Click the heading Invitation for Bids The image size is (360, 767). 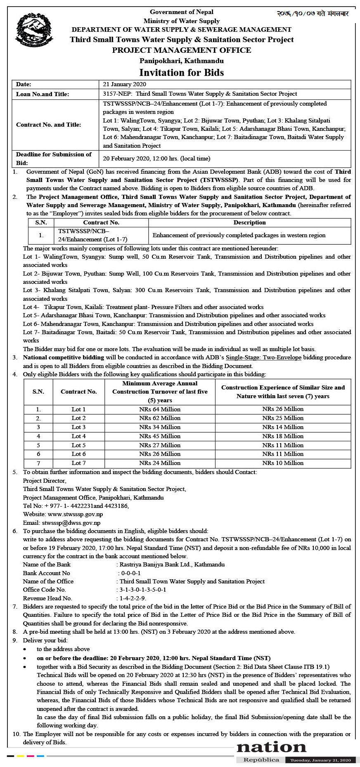(181, 73)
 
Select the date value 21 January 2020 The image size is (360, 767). (124, 84)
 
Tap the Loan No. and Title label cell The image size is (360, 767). (43, 94)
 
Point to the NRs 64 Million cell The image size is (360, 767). (160, 409)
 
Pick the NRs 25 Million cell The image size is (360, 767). (283, 418)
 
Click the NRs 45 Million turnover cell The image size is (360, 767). (160, 436)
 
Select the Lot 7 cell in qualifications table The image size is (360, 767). (78, 463)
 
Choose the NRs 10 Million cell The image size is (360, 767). (283, 463)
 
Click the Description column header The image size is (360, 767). (249, 222)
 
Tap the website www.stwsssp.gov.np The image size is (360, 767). (75, 514)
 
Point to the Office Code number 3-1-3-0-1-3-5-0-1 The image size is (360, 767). (143, 590)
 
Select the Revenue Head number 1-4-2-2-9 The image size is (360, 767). (133, 598)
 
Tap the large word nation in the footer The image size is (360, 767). (271, 747)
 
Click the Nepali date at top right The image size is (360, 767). (313, 14)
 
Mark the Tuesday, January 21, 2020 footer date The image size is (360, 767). (320, 760)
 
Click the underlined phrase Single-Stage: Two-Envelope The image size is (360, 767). (263, 357)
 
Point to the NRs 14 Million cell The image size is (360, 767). (283, 427)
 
